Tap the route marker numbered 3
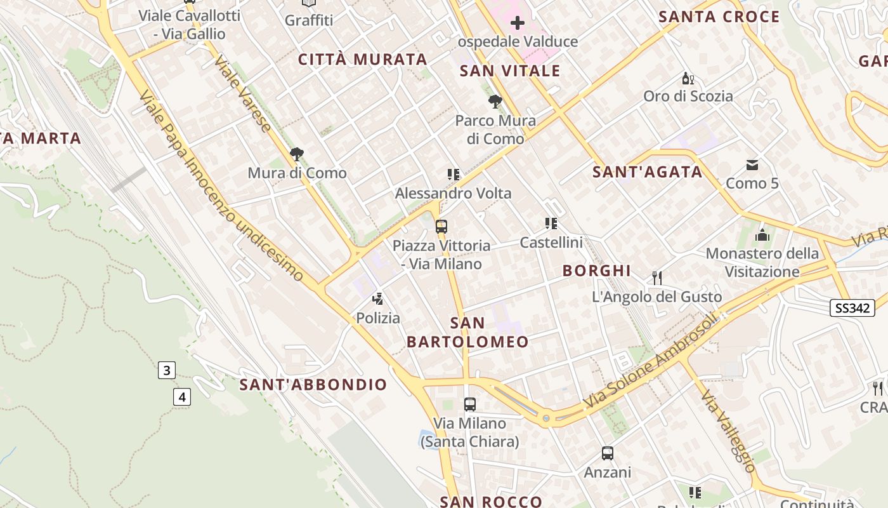click(166, 370)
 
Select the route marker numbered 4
click(182, 398)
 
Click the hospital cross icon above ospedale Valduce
click(518, 23)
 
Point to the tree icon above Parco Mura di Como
click(495, 102)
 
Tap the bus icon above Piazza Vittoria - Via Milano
click(441, 227)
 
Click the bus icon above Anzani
click(607, 453)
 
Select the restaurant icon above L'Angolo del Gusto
click(657, 277)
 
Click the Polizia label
click(378, 317)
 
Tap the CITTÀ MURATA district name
click(363, 60)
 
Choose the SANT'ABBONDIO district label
click(313, 384)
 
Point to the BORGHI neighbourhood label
click(596, 271)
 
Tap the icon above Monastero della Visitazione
click(762, 236)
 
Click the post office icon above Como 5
click(752, 165)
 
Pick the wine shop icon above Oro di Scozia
click(688, 79)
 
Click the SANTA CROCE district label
click(719, 17)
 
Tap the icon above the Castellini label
click(551, 224)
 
